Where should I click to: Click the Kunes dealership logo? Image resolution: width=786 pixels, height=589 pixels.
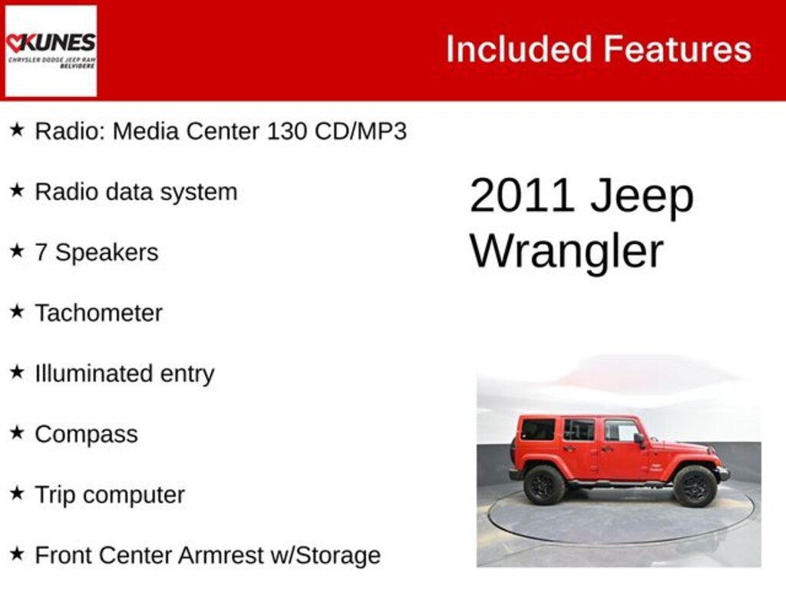tap(51, 51)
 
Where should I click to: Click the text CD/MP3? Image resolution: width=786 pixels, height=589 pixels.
tap(361, 131)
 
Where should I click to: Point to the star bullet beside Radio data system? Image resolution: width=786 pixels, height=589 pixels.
tap(17, 190)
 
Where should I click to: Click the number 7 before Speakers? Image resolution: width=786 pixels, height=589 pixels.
tap(41, 252)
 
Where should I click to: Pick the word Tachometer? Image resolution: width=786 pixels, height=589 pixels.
tap(98, 313)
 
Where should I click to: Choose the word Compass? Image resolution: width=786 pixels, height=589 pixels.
tap(86, 434)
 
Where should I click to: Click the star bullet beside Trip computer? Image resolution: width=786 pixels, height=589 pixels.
tap(17, 493)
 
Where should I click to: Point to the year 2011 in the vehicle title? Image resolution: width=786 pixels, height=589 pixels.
tap(522, 196)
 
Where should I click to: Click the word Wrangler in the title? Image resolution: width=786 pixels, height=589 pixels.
tap(566, 251)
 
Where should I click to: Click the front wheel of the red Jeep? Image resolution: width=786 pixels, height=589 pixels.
tap(695, 486)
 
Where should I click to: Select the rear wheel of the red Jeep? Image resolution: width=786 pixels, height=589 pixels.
tap(544, 485)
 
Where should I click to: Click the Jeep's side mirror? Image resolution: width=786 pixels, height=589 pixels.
tap(639, 439)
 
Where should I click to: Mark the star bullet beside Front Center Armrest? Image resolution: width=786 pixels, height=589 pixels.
tap(17, 554)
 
